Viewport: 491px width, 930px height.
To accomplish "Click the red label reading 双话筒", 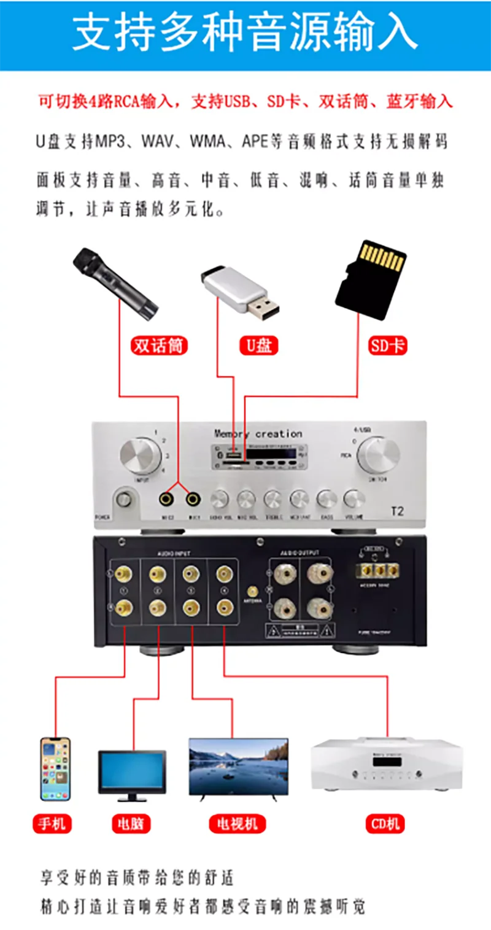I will point(159,346).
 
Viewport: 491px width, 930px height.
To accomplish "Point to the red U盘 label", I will point(258,346).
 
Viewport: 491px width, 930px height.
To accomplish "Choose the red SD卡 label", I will point(387,346).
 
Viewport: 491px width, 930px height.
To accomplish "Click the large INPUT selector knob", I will point(140,456).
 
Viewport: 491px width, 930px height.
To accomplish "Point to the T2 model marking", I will point(397,511).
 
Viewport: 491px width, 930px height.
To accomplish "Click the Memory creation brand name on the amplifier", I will point(258,434).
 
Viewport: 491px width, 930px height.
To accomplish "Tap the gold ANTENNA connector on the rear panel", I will point(252,592).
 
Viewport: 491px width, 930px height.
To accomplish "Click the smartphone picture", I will point(55,769).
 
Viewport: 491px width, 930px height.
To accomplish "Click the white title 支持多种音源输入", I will point(245,34).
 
